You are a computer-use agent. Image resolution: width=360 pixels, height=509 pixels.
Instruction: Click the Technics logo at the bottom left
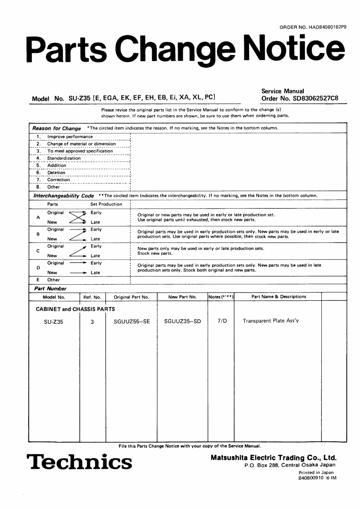tap(79, 462)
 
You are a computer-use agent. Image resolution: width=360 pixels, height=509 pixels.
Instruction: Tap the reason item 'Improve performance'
tap(70, 137)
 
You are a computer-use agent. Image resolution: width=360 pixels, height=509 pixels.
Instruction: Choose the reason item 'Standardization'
tap(64, 158)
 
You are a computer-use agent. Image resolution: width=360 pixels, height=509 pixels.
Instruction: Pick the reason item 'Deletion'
tap(56, 173)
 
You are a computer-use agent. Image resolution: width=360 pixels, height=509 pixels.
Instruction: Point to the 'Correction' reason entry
tap(58, 180)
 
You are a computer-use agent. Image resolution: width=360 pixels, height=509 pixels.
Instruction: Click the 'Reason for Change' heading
tap(57, 128)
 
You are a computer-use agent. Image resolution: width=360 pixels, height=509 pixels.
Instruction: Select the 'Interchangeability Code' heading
tap(63, 196)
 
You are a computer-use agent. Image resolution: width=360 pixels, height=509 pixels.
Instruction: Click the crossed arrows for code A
tap(78, 217)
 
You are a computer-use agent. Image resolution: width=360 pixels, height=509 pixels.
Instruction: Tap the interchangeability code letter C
tap(38, 251)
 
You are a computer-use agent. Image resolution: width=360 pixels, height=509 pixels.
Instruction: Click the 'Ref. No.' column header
tap(92, 297)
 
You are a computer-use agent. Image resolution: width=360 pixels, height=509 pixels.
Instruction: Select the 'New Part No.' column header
tap(182, 297)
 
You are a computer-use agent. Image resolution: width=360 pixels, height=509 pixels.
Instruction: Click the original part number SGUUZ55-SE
tap(131, 321)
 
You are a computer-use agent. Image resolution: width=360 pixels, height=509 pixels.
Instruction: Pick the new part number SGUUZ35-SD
tap(182, 321)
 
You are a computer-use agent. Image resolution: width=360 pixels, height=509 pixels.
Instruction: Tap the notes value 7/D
tap(222, 321)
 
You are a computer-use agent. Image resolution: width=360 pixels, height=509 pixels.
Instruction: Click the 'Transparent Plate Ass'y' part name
tap(271, 321)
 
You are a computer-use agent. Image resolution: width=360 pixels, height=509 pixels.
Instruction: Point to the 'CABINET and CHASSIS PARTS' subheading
tap(75, 309)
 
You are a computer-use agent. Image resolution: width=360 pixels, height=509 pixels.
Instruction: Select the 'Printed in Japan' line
tap(316, 472)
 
